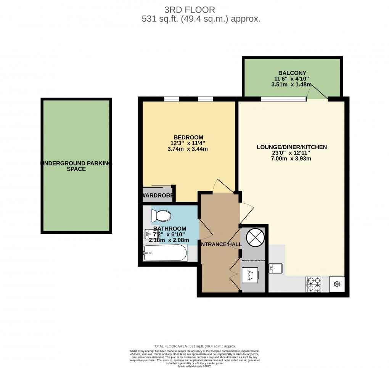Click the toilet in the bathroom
pos(160,216)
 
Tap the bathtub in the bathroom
pos(165,253)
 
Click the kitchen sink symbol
pos(275,268)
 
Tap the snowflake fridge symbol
pos(337,284)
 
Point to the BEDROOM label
pos(188,137)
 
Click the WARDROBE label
pos(158,196)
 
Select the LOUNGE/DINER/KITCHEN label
pos(292,147)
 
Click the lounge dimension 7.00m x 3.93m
pos(292,158)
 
